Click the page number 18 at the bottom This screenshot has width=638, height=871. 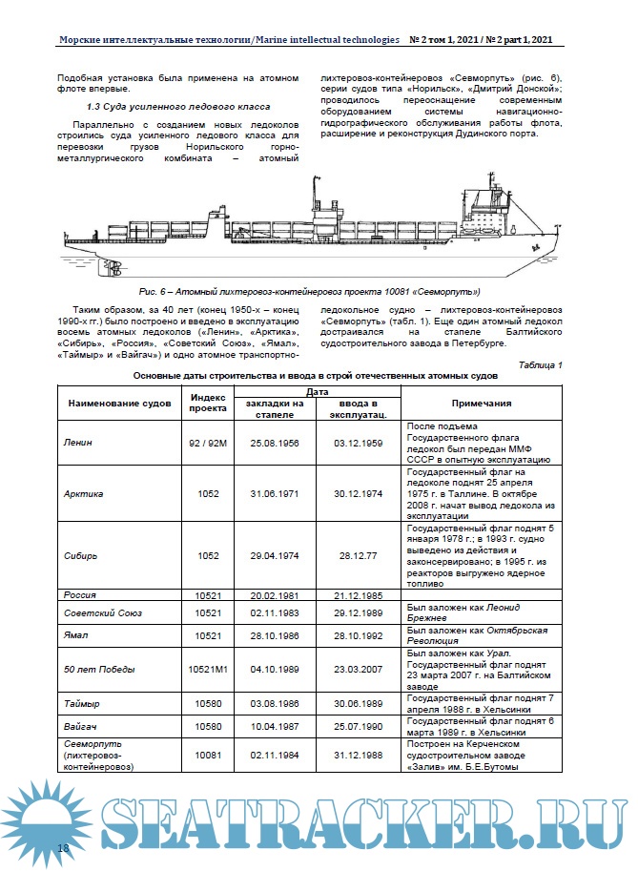[x=64, y=848]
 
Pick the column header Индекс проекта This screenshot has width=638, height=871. [x=207, y=403]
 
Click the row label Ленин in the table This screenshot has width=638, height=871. [x=78, y=444]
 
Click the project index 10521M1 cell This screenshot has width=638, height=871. [x=207, y=670]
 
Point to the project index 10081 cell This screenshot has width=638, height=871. [x=207, y=755]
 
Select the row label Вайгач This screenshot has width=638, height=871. [x=81, y=727]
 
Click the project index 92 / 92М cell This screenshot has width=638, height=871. [x=207, y=444]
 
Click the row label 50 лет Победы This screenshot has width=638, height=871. [x=99, y=670]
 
